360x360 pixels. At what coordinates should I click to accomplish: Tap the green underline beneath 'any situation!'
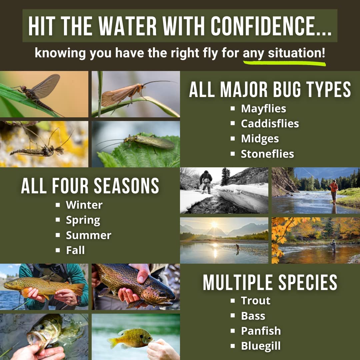pyautogui.click(x=284, y=63)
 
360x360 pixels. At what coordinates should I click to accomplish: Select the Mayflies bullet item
pyautogui.click(x=263, y=109)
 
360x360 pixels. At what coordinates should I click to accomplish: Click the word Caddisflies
pyautogui.click(x=270, y=124)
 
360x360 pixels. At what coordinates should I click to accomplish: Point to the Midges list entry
pyautogui.click(x=260, y=139)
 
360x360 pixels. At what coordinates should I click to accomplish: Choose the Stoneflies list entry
pyautogui.click(x=267, y=154)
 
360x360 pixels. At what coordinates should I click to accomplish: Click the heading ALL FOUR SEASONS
pyautogui.click(x=90, y=186)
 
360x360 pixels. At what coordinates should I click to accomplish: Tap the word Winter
pyautogui.click(x=84, y=205)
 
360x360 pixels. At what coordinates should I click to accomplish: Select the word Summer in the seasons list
pyautogui.click(x=88, y=235)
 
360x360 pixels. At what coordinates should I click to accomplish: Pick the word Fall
pyautogui.click(x=75, y=250)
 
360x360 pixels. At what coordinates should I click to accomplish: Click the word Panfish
pyautogui.click(x=261, y=331)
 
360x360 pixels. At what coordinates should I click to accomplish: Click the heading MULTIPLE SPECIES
pyautogui.click(x=270, y=282)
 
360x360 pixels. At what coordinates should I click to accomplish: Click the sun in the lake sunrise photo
pyautogui.click(x=214, y=225)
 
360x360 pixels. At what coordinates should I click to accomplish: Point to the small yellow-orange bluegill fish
pyautogui.click(x=130, y=338)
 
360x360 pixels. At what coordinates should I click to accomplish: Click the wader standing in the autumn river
pyautogui.click(x=333, y=246)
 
